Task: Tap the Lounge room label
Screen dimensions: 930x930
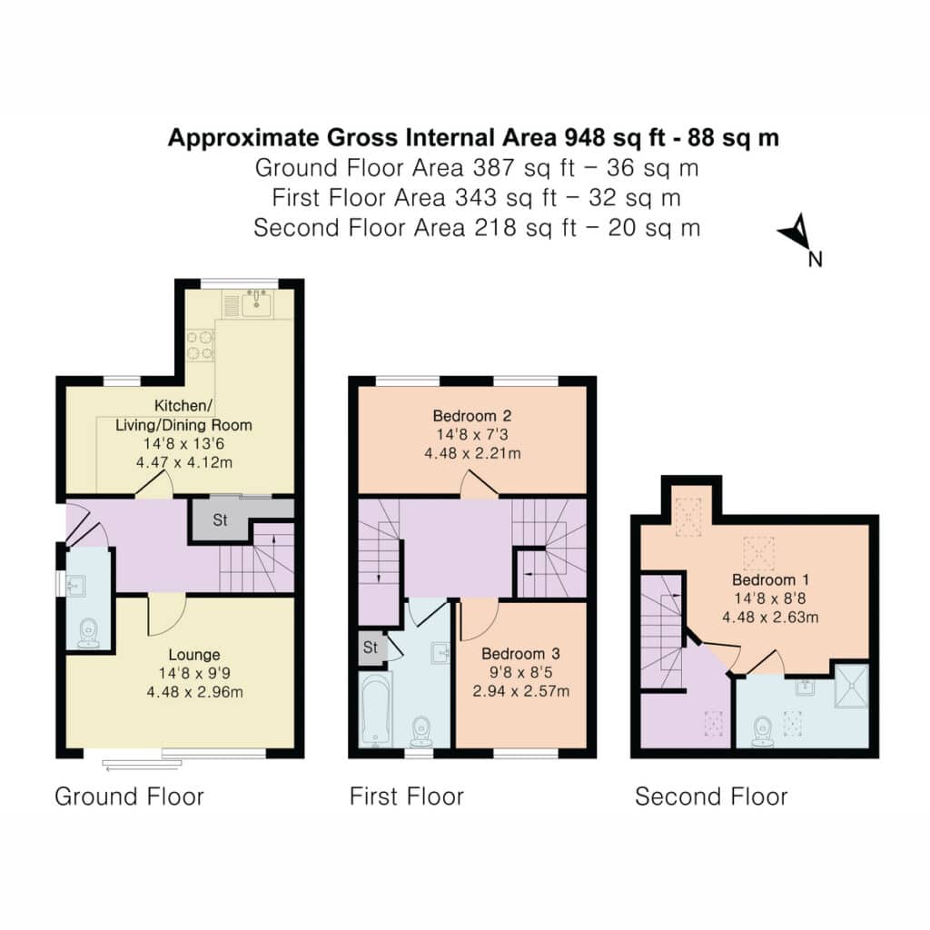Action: [x=194, y=655]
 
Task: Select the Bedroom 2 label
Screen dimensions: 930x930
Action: [x=472, y=416]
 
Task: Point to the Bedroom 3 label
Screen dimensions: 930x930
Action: [x=520, y=654]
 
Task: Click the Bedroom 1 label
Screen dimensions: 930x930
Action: [x=770, y=579]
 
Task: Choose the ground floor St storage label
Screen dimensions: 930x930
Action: [x=220, y=520]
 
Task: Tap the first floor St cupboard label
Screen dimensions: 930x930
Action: [x=371, y=647]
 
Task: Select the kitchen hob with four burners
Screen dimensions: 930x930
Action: [x=201, y=345]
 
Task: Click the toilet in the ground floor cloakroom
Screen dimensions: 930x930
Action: [x=89, y=633]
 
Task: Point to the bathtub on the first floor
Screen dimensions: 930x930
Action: [x=375, y=709]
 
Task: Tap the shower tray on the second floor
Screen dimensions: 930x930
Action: [x=851, y=687]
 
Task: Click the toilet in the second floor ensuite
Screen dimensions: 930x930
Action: [x=762, y=731]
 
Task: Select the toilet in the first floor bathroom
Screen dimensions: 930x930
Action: [x=421, y=731]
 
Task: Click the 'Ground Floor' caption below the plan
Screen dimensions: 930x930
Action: [x=129, y=796]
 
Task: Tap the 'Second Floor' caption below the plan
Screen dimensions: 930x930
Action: [x=711, y=796]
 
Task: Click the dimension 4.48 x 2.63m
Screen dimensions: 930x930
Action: [x=770, y=617]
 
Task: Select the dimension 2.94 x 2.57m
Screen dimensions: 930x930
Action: [x=520, y=691]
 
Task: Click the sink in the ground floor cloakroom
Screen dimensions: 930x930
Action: [x=75, y=586]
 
